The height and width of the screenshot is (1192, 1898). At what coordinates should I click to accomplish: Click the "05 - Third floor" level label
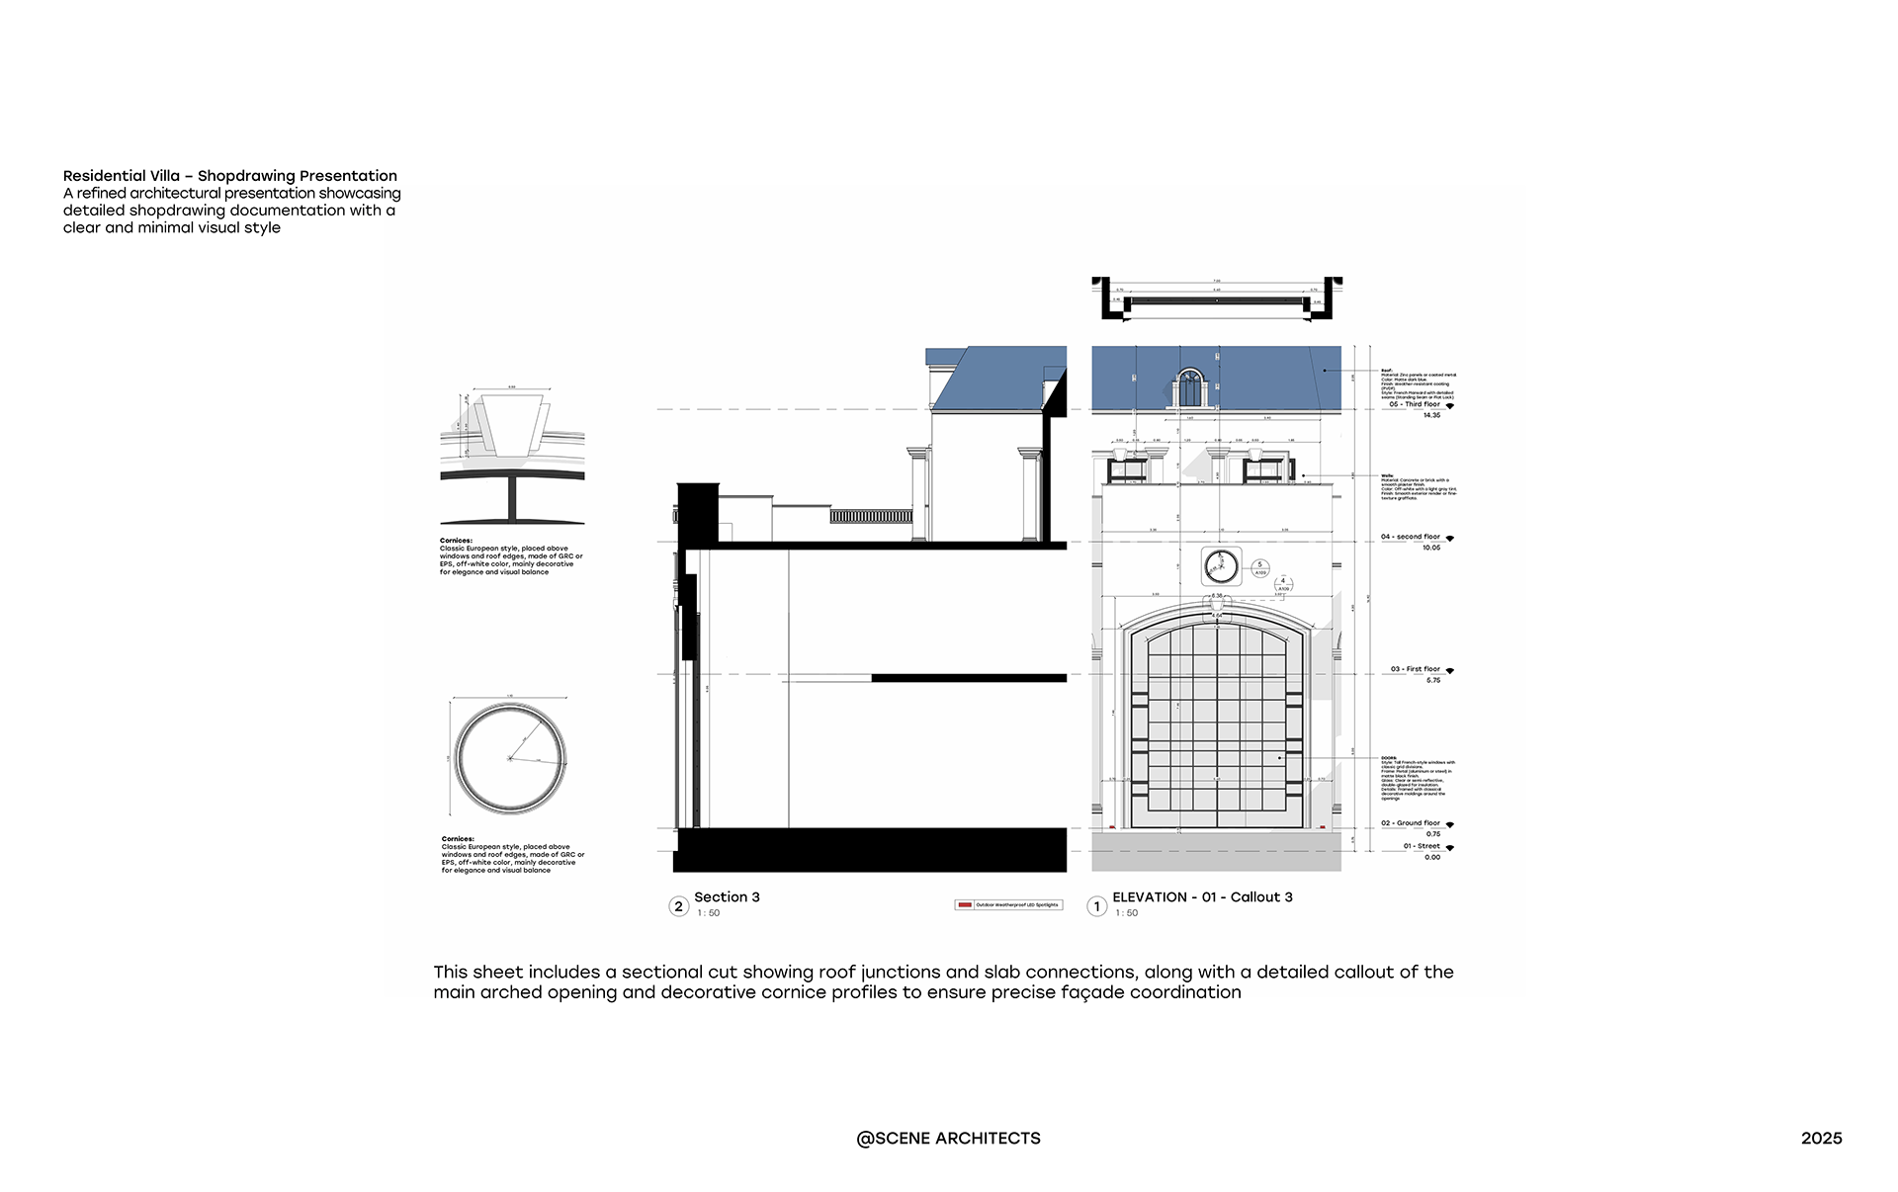tap(1414, 404)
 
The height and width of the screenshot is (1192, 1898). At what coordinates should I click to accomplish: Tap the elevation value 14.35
tap(1431, 416)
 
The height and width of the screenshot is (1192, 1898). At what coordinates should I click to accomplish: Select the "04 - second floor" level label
tap(1410, 537)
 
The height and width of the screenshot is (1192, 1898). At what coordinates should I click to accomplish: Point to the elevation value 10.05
tap(1431, 549)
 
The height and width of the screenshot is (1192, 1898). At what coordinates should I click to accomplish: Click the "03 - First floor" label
tap(1415, 669)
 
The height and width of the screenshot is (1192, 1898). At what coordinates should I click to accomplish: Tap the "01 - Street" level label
tap(1422, 846)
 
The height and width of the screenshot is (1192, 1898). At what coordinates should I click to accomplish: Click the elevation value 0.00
tap(1432, 858)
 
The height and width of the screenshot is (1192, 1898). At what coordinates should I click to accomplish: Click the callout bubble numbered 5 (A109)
tap(1259, 568)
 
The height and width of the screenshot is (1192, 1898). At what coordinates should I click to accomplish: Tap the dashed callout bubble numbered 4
tap(1283, 584)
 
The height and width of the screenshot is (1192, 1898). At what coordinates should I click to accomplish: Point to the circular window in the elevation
tap(1221, 566)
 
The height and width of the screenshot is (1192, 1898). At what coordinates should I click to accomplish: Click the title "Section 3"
tap(727, 897)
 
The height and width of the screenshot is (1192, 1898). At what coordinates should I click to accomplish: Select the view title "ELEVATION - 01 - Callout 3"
tap(1202, 897)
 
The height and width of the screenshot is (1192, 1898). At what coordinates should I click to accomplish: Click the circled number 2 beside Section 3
tap(678, 906)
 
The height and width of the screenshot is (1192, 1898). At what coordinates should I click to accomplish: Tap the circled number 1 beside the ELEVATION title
tap(1096, 906)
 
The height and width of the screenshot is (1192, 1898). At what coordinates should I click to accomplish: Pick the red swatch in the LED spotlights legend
tap(965, 905)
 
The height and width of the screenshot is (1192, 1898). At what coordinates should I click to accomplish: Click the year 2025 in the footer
tap(1821, 1139)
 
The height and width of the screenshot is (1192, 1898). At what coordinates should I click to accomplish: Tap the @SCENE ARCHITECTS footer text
tap(948, 1139)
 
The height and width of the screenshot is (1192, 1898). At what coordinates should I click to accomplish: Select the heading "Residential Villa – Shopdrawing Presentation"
tap(230, 176)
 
